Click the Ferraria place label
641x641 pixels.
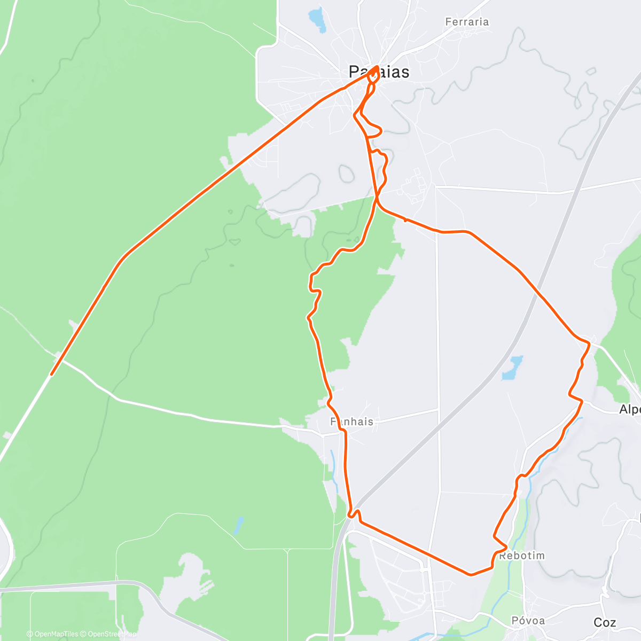coord(467,22)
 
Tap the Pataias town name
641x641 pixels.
coord(379,72)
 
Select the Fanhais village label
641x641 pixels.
coord(351,421)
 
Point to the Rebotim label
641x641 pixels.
coord(522,556)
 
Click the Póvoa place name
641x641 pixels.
coord(528,620)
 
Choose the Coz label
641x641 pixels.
coord(605,622)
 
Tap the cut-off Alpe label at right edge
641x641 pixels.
coord(630,410)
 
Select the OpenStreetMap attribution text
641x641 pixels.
coord(109,634)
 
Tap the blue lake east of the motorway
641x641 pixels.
coord(512,368)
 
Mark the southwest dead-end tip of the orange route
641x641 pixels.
coord(51,374)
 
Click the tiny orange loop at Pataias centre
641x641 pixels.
coord(374,74)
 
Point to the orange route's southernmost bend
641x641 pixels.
coord(470,575)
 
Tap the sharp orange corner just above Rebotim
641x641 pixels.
coord(495,536)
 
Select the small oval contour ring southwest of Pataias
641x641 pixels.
coord(346,172)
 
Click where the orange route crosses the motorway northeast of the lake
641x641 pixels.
coord(541,295)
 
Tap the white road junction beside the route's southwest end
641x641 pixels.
coord(58,355)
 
